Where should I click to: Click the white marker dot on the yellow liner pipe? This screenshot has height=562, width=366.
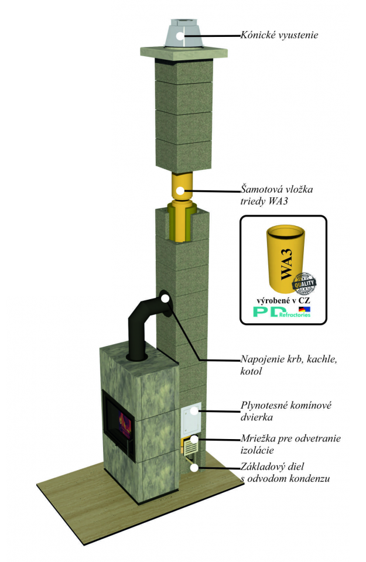[181, 190]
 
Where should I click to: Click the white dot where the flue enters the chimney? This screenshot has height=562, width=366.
[165, 299]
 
